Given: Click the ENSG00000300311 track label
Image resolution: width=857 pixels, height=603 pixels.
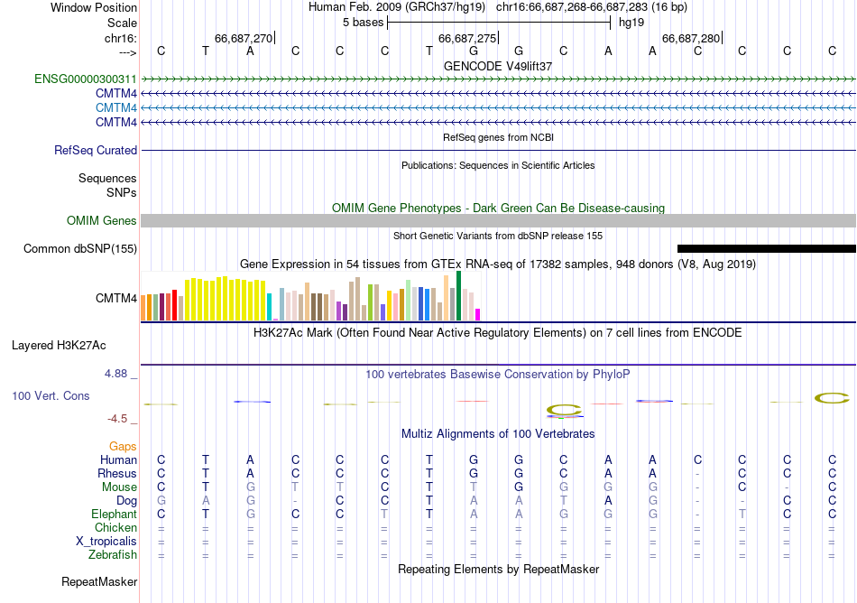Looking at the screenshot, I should tap(86, 79).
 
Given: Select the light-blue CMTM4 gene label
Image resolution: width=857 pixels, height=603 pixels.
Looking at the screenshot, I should tap(116, 107).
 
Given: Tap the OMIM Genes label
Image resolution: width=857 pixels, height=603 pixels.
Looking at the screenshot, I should tap(102, 220).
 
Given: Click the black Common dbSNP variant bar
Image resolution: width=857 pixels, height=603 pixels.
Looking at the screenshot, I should tap(766, 248).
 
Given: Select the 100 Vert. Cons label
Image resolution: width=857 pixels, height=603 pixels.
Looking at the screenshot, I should tap(51, 395).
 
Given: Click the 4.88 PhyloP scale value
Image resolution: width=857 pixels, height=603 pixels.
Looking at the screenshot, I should tap(118, 373).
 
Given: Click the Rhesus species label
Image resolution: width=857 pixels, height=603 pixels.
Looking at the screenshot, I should tap(117, 473).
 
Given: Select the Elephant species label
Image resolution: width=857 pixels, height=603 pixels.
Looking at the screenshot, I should tap(114, 514).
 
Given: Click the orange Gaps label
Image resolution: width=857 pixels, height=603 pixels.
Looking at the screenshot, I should tap(123, 446).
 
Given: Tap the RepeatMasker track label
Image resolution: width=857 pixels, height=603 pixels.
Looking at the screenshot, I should tap(99, 582).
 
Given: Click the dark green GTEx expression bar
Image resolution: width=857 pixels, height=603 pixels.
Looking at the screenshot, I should tap(458, 295).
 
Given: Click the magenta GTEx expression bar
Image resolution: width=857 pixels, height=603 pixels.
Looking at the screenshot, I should tap(478, 314).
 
